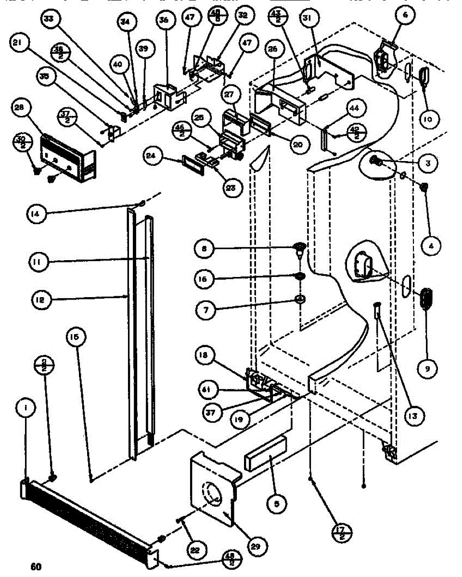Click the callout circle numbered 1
point(26,409)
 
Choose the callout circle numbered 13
point(411,414)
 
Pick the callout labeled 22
point(196,550)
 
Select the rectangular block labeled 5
point(265,455)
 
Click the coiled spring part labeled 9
point(426,298)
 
